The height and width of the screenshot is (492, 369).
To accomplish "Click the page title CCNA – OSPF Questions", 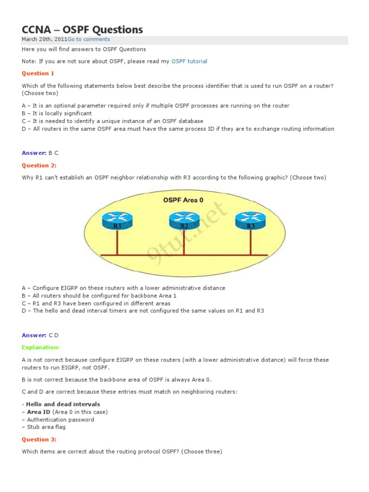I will tap(82, 30).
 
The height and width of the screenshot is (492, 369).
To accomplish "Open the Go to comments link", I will tap(88, 39).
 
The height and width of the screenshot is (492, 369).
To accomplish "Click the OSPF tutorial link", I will tap(189, 61).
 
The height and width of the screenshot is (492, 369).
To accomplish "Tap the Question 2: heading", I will tap(39, 165).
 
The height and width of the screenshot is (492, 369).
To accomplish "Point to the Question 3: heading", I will tap(39, 440).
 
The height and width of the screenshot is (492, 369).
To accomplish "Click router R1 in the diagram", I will tap(117, 221).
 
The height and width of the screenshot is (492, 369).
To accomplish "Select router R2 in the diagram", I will tap(184, 221).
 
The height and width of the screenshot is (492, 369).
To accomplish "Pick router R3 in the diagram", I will tap(250, 221).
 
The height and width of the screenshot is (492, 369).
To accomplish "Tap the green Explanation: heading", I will tap(41, 347).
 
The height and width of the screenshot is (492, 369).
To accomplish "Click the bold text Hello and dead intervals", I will tap(63, 404).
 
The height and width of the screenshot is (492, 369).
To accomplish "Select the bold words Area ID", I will tap(38, 412).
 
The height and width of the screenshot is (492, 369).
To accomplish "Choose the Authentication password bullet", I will tap(60, 419).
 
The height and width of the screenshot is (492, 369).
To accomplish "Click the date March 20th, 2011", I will tap(44, 39).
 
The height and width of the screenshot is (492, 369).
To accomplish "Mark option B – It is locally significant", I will tap(57, 113).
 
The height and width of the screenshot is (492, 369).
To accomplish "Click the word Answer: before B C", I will tap(34, 153).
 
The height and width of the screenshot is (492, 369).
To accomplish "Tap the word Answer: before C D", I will tap(34, 335).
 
